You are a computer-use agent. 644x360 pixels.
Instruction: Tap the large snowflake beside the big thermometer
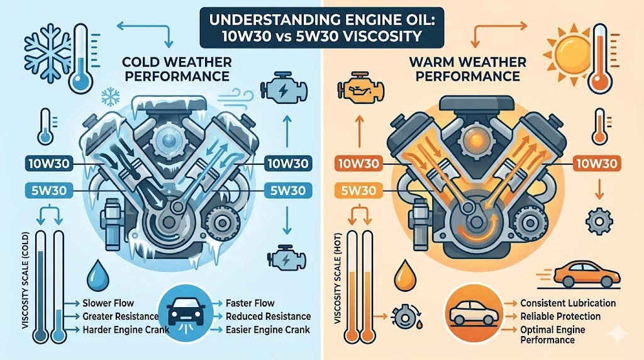[x=48, y=52]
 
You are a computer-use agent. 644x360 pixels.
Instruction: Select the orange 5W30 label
[x=358, y=190]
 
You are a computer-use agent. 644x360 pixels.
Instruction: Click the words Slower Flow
[x=108, y=303]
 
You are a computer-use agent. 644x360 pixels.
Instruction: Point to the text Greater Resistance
[x=120, y=317]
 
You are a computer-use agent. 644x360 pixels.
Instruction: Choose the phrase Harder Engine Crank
[x=126, y=330]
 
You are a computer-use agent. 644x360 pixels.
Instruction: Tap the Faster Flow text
[x=250, y=303]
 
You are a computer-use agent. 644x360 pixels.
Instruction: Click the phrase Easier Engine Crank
[x=268, y=330]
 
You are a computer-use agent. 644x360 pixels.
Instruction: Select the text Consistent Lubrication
[x=568, y=303]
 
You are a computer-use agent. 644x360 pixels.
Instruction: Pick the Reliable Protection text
[x=560, y=317]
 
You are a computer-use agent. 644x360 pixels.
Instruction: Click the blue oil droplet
[x=97, y=275]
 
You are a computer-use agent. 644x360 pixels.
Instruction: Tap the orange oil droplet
[x=405, y=275]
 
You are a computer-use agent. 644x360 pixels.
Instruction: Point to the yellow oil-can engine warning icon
[x=360, y=89]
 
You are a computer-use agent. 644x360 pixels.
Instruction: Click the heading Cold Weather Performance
[x=177, y=69]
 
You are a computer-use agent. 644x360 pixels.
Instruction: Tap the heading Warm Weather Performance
[x=468, y=69]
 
